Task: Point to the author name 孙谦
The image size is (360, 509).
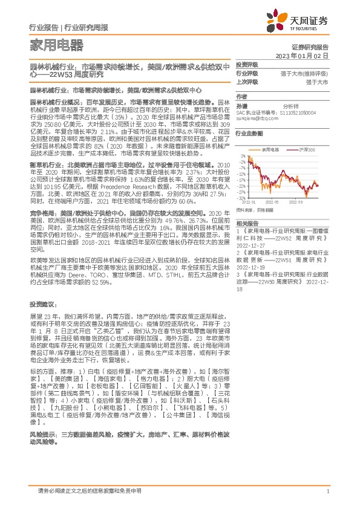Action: pos(241,105)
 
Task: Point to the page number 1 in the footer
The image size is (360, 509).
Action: pos(327,491)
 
